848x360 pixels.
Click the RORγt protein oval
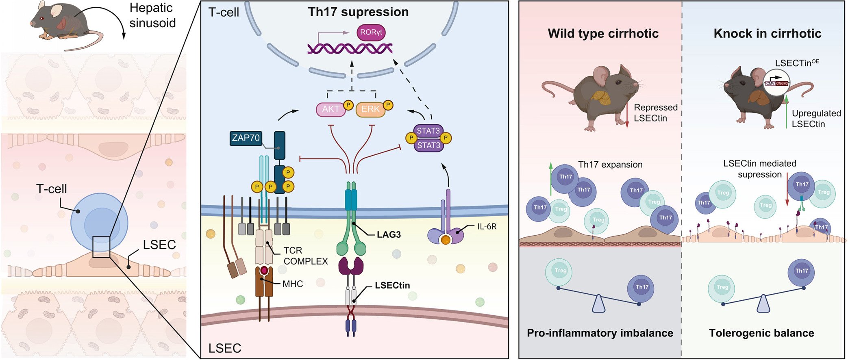point(370,33)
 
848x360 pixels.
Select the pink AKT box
point(330,109)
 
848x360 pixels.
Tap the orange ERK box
point(370,109)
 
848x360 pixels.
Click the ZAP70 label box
point(246,138)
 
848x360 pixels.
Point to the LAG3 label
point(389,234)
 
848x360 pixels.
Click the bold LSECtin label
point(392,285)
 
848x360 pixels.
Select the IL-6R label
point(487,227)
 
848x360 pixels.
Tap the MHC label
point(293,284)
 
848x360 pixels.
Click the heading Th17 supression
point(358,12)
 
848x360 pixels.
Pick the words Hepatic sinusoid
point(152,15)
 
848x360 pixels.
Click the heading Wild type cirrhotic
point(603,33)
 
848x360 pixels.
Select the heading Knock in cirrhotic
point(767,33)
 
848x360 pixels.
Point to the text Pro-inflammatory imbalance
point(600,333)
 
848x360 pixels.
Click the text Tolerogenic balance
point(761,333)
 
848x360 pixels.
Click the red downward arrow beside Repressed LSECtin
point(627,116)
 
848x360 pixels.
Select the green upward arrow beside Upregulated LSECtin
point(787,112)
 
